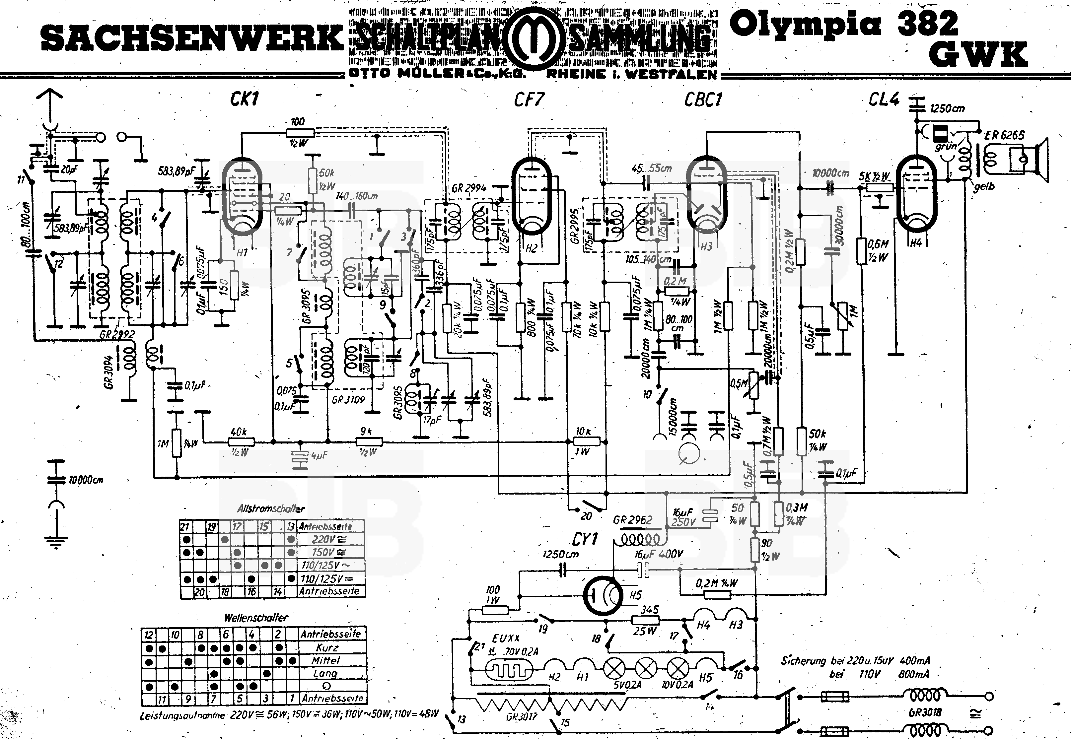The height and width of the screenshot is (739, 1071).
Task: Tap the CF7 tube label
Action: pyautogui.click(x=529, y=99)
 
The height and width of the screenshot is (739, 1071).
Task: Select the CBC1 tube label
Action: pyautogui.click(x=703, y=100)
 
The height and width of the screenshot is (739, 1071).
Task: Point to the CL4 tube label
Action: pyautogui.click(x=884, y=99)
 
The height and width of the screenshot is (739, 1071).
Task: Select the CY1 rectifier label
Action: pyautogui.click(x=585, y=539)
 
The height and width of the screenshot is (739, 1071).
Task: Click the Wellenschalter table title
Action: pyautogui.click(x=256, y=617)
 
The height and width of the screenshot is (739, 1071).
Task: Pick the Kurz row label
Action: pyautogui.click(x=327, y=647)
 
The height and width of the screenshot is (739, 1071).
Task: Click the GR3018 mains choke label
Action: pyautogui.click(x=925, y=712)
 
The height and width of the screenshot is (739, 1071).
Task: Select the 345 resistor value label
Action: pyautogui.click(x=649, y=609)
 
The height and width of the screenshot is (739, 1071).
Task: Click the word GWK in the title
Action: pyautogui.click(x=977, y=55)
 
